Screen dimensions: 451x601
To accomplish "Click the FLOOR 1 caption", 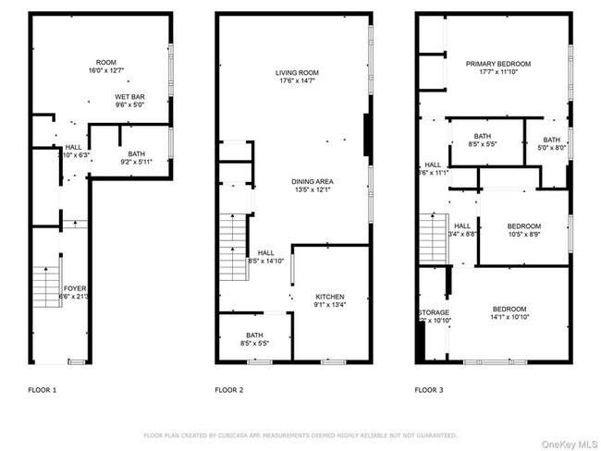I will click(42, 390).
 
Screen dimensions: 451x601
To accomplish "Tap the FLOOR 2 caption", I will click(229, 390).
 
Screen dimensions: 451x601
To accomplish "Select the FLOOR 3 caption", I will click(428, 390).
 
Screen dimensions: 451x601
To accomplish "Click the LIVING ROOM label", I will click(297, 72).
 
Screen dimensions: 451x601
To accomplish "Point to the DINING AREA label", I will click(313, 180).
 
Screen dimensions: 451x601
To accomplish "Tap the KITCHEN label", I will click(329, 297).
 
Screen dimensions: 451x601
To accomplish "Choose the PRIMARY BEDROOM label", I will click(498, 64).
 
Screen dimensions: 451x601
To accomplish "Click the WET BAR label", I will click(129, 96).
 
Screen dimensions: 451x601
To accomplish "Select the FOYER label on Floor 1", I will click(74, 288).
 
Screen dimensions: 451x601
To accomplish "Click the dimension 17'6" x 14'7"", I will click(297, 81).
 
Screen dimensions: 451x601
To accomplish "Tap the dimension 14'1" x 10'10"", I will click(509, 317).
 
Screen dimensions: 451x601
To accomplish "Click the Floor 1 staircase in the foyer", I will click(43, 283).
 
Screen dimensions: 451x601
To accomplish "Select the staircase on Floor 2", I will click(232, 246).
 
